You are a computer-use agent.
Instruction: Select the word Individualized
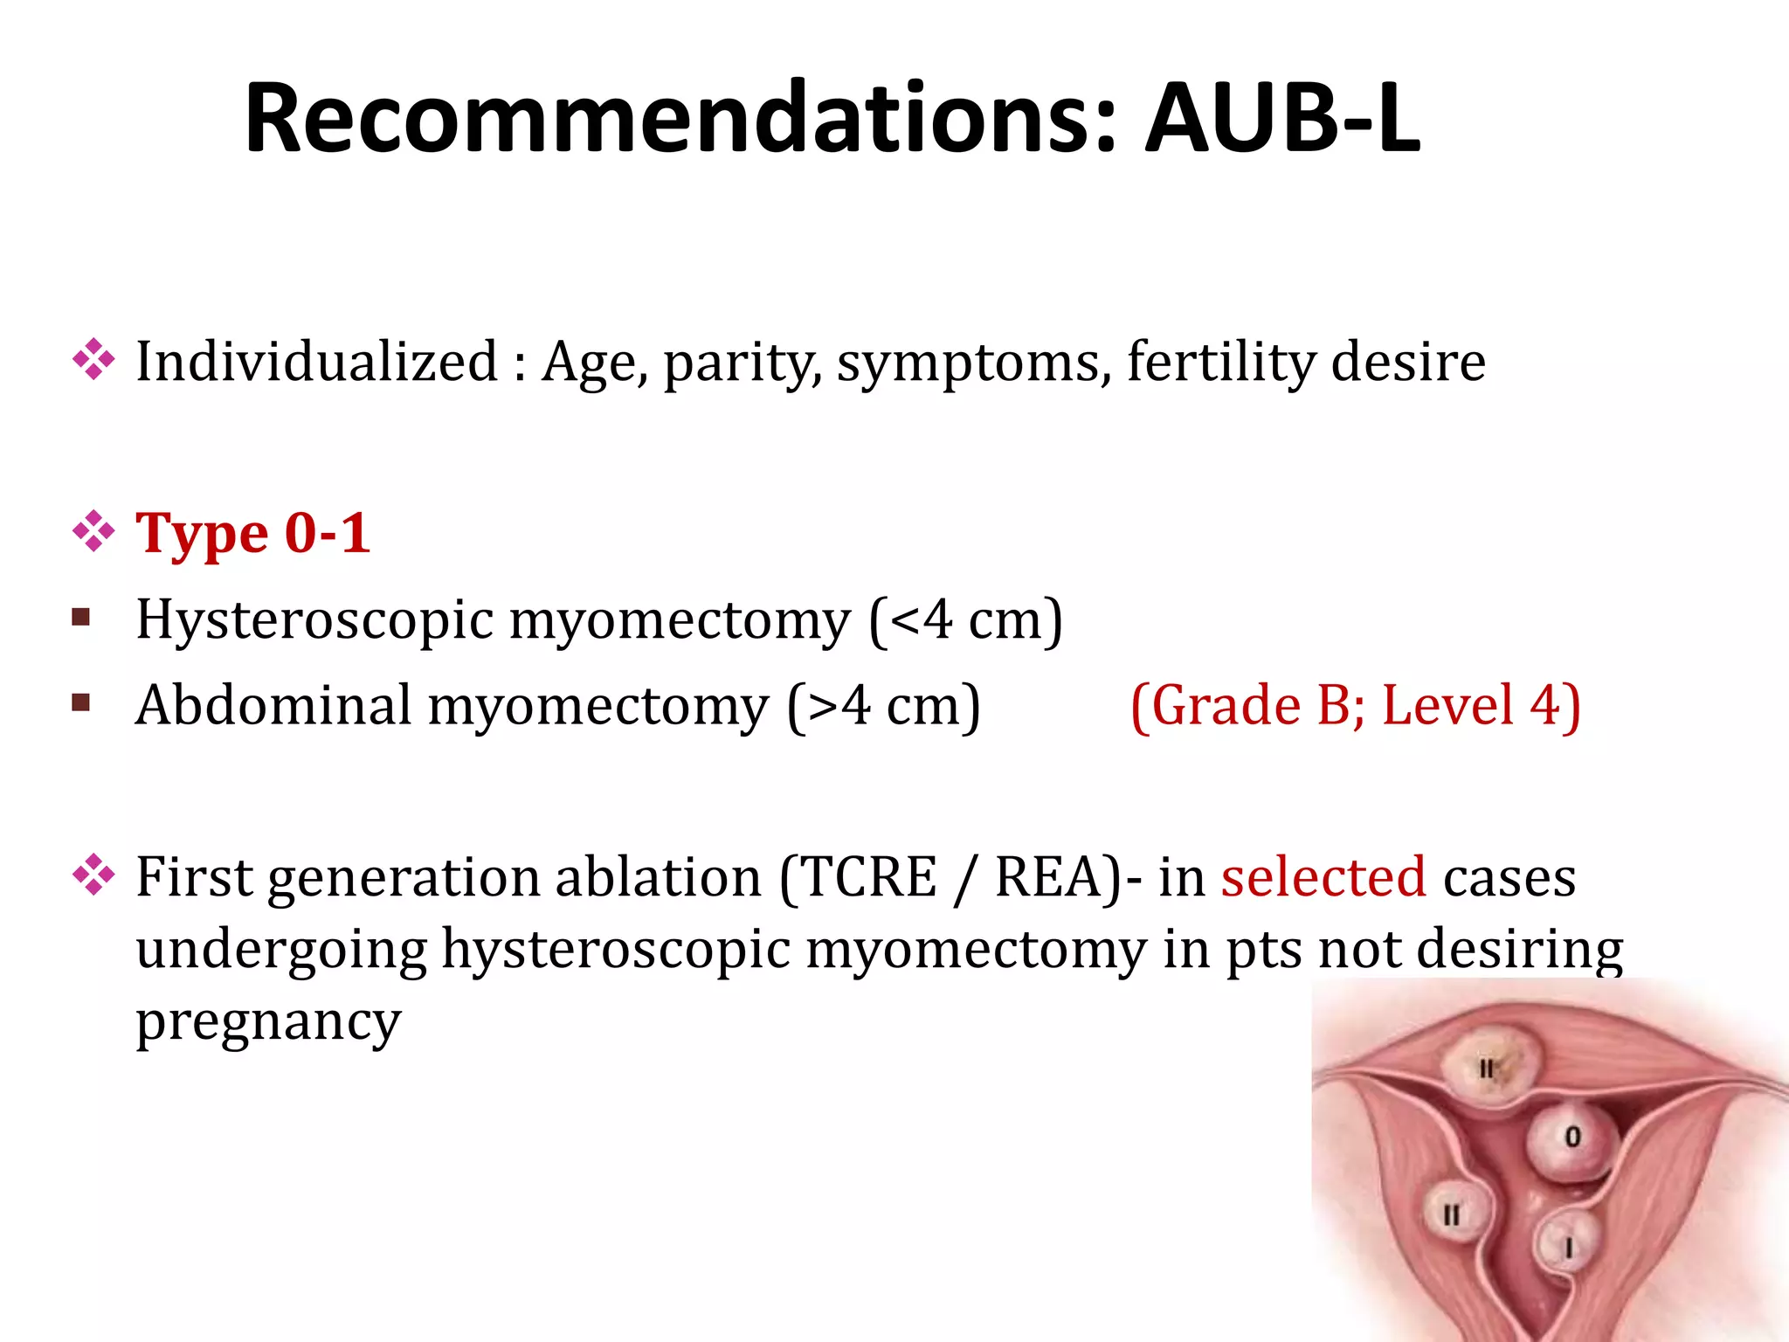coord(316,362)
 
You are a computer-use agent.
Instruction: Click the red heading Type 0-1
coord(253,533)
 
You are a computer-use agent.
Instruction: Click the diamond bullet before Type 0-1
coord(93,532)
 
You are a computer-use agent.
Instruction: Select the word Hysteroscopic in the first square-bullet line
coord(314,620)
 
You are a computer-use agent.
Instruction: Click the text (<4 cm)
coord(965,620)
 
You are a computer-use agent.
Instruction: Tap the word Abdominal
coord(273,706)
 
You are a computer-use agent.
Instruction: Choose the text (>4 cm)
coord(883,706)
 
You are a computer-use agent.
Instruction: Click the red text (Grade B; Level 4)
coord(1355,706)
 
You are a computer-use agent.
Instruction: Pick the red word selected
coord(1323,877)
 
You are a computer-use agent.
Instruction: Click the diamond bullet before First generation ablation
coord(93,875)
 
